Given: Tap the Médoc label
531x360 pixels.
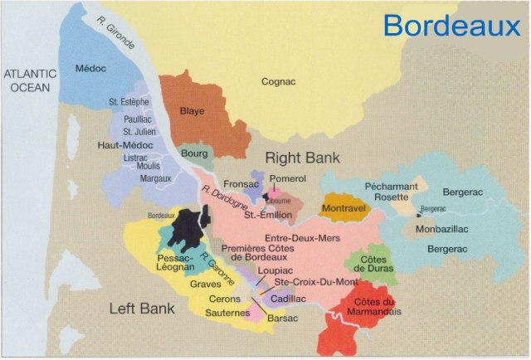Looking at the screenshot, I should coord(92,68).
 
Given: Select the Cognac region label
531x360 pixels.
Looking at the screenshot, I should coord(278,81).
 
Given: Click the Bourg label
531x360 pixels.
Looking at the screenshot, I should coord(194,154).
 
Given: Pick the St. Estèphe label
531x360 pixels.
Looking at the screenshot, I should coord(129,102).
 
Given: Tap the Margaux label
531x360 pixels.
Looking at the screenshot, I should coord(132,178).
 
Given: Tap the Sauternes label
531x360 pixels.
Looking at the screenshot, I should coord(227,314).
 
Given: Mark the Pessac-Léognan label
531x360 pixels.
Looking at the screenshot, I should coord(175,263).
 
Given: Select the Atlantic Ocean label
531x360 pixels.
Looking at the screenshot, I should coord(30,80).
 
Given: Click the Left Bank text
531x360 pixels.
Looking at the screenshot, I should coord(142,309).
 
